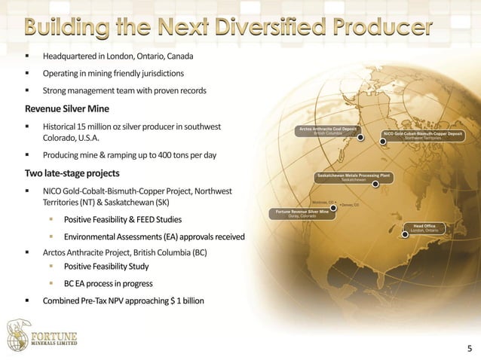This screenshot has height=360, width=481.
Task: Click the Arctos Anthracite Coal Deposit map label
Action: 328,131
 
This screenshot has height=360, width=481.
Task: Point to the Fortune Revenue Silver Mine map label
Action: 302,214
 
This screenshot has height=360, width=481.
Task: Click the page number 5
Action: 470,348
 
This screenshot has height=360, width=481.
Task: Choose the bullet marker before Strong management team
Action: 29,91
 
